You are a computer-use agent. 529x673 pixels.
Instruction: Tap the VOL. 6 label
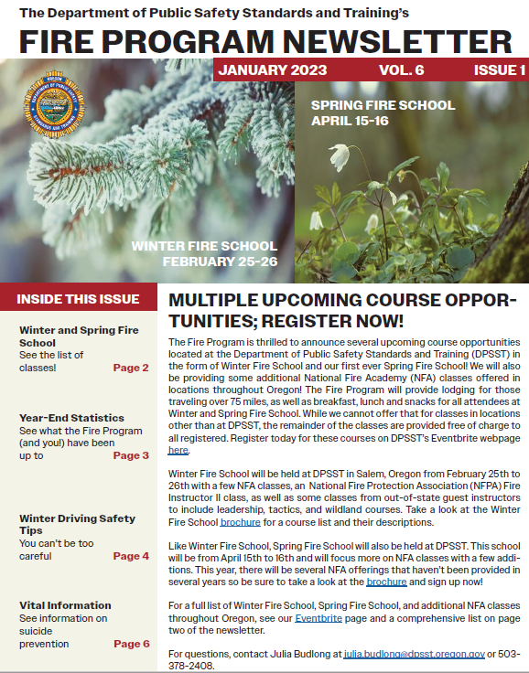click(x=401, y=70)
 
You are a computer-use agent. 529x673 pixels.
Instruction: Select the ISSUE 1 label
click(x=499, y=70)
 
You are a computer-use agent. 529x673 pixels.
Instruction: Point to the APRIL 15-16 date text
click(x=349, y=121)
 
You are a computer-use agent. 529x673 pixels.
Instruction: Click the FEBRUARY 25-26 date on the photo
click(x=220, y=262)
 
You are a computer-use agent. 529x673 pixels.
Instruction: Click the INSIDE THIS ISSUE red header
click(x=78, y=299)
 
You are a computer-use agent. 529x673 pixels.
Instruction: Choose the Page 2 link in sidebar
click(x=131, y=368)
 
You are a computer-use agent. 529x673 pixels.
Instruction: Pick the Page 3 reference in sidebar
click(x=131, y=455)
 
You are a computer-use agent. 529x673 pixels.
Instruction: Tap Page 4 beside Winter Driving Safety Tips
click(x=131, y=556)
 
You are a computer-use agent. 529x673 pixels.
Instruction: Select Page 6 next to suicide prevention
click(x=131, y=644)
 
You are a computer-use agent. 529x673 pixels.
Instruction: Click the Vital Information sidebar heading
click(x=65, y=605)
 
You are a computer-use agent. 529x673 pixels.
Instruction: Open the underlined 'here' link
click(x=178, y=451)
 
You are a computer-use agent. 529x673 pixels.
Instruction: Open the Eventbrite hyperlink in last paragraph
click(x=318, y=618)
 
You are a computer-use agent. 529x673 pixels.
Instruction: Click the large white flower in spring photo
click(x=340, y=155)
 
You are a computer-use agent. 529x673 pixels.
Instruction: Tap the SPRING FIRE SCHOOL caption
click(x=383, y=106)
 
